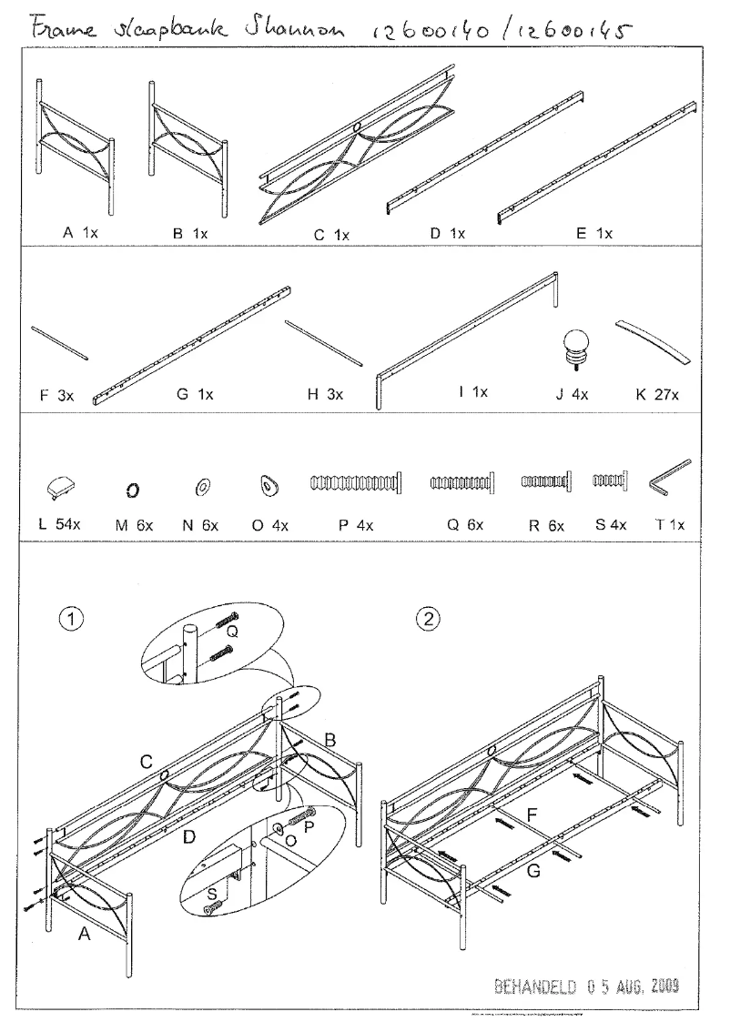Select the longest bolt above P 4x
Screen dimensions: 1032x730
(356, 482)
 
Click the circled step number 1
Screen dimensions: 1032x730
(71, 618)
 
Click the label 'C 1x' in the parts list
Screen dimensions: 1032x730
(331, 235)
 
